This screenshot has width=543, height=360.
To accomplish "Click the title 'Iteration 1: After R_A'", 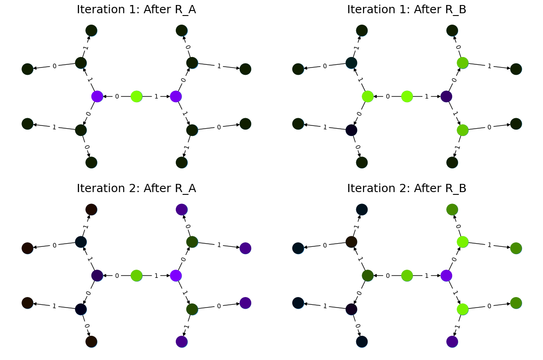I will click(x=136, y=10).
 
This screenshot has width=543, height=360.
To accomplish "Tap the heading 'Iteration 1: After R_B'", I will click(x=406, y=10).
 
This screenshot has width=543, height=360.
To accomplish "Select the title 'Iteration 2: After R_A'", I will click(x=136, y=188).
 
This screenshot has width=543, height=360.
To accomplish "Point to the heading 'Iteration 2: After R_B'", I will click(x=406, y=188).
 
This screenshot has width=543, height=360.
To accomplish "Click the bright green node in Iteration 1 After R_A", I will click(x=137, y=96).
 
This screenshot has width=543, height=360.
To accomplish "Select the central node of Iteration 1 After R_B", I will click(x=407, y=96).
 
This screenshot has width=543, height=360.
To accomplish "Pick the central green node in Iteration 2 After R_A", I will click(x=137, y=276).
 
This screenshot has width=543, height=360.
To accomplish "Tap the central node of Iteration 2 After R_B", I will click(x=407, y=276).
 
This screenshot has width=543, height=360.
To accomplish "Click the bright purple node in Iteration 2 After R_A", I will click(x=176, y=276).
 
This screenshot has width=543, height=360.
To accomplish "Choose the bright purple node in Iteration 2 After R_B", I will click(x=446, y=276).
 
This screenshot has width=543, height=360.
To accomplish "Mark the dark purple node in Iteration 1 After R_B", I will click(x=446, y=96).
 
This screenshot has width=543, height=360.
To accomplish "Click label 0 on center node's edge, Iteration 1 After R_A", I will click(x=117, y=96).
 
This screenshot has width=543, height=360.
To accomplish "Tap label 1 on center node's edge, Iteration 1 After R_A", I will click(x=156, y=96).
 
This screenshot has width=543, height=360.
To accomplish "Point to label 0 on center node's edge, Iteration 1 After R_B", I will click(x=388, y=96).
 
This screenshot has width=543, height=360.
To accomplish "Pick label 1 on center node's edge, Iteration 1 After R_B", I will click(x=427, y=96).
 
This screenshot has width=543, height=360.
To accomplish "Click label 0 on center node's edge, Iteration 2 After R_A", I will click(x=117, y=276).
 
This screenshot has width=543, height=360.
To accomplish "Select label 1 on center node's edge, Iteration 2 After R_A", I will click(x=156, y=276).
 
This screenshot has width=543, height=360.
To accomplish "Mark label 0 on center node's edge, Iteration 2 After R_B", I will click(x=388, y=276).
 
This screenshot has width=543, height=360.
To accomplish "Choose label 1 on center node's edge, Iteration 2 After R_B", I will click(x=427, y=276).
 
